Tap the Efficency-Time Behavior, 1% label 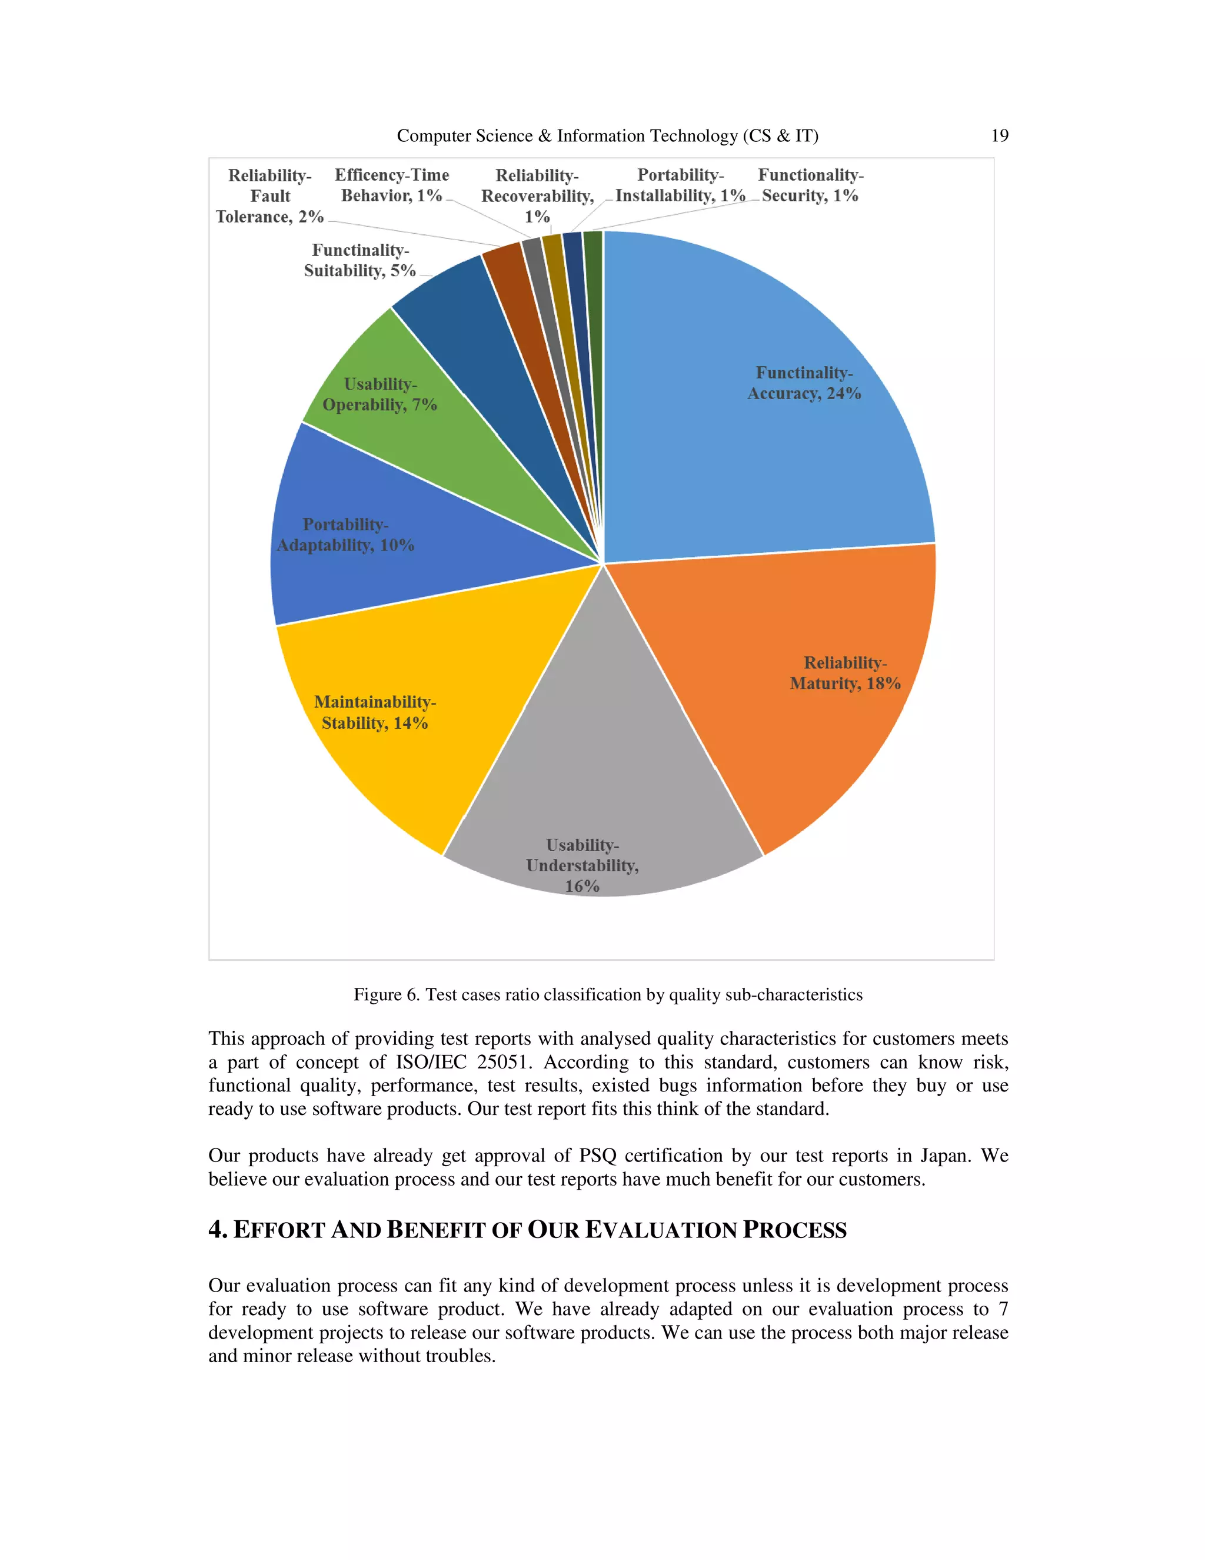coord(392,185)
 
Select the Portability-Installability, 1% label coord(680,185)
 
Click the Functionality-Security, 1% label coord(810,185)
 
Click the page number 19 coord(1000,136)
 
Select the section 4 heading coord(527,1230)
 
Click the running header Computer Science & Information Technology coord(607,136)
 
